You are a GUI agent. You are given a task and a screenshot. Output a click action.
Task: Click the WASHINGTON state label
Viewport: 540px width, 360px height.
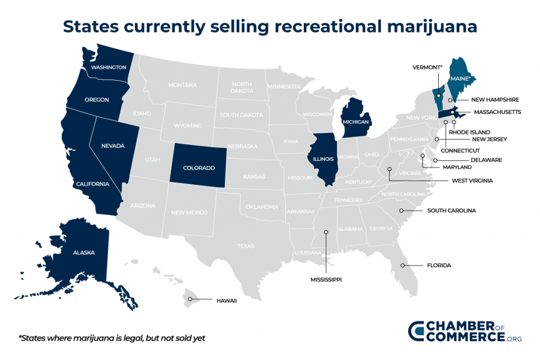108,67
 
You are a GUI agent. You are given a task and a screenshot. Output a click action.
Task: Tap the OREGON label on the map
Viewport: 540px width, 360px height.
97,100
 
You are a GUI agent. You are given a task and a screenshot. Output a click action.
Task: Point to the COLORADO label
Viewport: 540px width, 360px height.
199,168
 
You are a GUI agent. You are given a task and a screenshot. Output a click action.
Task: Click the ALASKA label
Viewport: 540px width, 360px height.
84,252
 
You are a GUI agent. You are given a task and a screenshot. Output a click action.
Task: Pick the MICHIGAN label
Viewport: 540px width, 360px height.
355,122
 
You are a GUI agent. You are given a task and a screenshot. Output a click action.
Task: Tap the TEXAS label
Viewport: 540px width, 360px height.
246,246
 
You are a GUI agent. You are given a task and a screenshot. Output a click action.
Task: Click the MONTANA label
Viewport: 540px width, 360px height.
182,85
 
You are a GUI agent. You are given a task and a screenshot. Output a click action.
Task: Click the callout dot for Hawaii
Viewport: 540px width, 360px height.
191,299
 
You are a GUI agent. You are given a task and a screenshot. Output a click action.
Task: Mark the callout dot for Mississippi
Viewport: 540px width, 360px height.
326,232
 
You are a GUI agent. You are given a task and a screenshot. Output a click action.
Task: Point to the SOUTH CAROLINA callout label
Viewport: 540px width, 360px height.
451,210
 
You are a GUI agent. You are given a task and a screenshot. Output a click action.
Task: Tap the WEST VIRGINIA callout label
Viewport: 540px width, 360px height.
472,180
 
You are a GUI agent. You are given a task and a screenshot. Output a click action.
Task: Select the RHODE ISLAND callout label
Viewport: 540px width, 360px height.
469,132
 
